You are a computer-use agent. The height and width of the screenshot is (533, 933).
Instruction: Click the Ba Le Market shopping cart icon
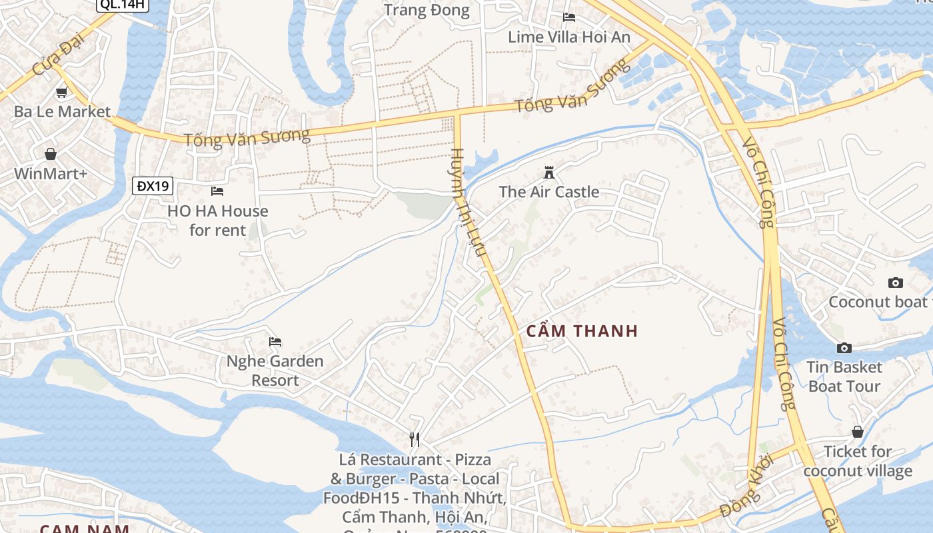pos(61,93)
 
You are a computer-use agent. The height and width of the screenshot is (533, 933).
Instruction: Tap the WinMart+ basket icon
pos(51,155)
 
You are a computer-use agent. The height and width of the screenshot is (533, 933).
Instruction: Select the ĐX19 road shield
pos(153,186)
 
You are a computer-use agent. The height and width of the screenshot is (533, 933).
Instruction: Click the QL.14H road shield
pos(123,5)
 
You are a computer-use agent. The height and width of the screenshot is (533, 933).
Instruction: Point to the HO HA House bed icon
pos(217,191)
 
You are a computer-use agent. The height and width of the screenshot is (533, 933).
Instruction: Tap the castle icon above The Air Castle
pos(549,173)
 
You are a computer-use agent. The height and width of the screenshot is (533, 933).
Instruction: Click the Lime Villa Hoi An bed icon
pos(569,17)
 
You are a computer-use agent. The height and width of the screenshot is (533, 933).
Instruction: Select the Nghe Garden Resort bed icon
pos(275,342)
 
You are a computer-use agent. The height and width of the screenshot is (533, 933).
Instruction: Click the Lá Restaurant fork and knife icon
pos(415,439)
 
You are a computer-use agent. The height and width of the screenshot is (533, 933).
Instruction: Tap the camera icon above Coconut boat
pos(896,282)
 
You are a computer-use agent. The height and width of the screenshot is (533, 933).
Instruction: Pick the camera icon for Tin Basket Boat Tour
pos(844,348)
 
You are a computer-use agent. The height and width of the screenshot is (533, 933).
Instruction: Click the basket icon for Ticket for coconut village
pos(858,432)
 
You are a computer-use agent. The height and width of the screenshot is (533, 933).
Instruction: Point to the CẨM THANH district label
pos(582,331)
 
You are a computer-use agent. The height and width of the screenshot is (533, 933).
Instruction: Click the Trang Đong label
pos(427,10)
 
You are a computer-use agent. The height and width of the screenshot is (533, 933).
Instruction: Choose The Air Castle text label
pos(549,192)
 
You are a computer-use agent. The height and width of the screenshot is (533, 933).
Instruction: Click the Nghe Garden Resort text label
pos(275,371)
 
